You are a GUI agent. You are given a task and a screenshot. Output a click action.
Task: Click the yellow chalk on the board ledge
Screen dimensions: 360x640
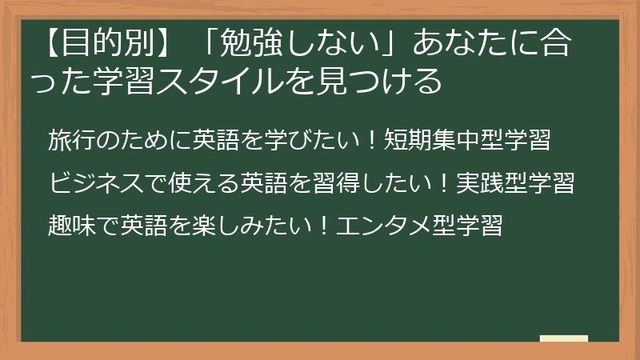563,338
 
